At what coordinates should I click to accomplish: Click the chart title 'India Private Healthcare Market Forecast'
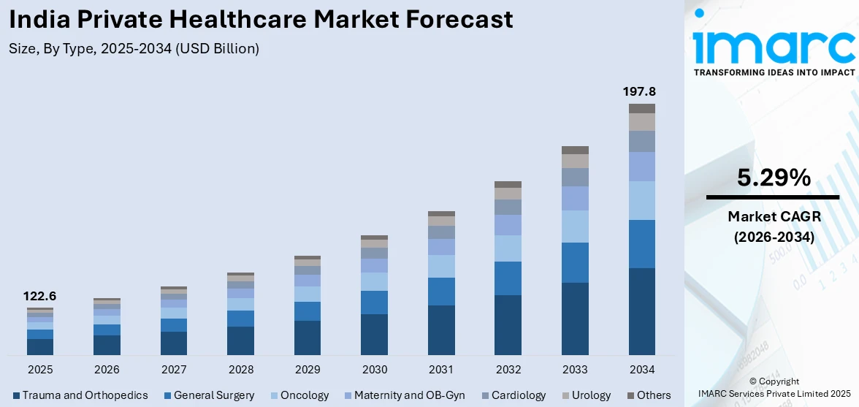[261, 20]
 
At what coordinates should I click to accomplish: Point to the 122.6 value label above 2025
[40, 296]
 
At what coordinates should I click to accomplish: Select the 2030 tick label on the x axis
[374, 369]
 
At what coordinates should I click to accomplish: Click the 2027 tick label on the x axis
[174, 369]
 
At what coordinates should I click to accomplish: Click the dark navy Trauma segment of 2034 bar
[642, 311]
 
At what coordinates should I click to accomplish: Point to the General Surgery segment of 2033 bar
[575, 262]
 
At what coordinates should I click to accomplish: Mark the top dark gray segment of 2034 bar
[642, 108]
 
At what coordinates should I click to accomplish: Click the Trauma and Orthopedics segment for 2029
[308, 338]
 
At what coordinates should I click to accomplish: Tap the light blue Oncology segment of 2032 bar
[508, 248]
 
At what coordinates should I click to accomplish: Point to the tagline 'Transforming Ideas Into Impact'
[773, 72]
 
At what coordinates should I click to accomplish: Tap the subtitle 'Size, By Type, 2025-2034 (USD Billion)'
[134, 49]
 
